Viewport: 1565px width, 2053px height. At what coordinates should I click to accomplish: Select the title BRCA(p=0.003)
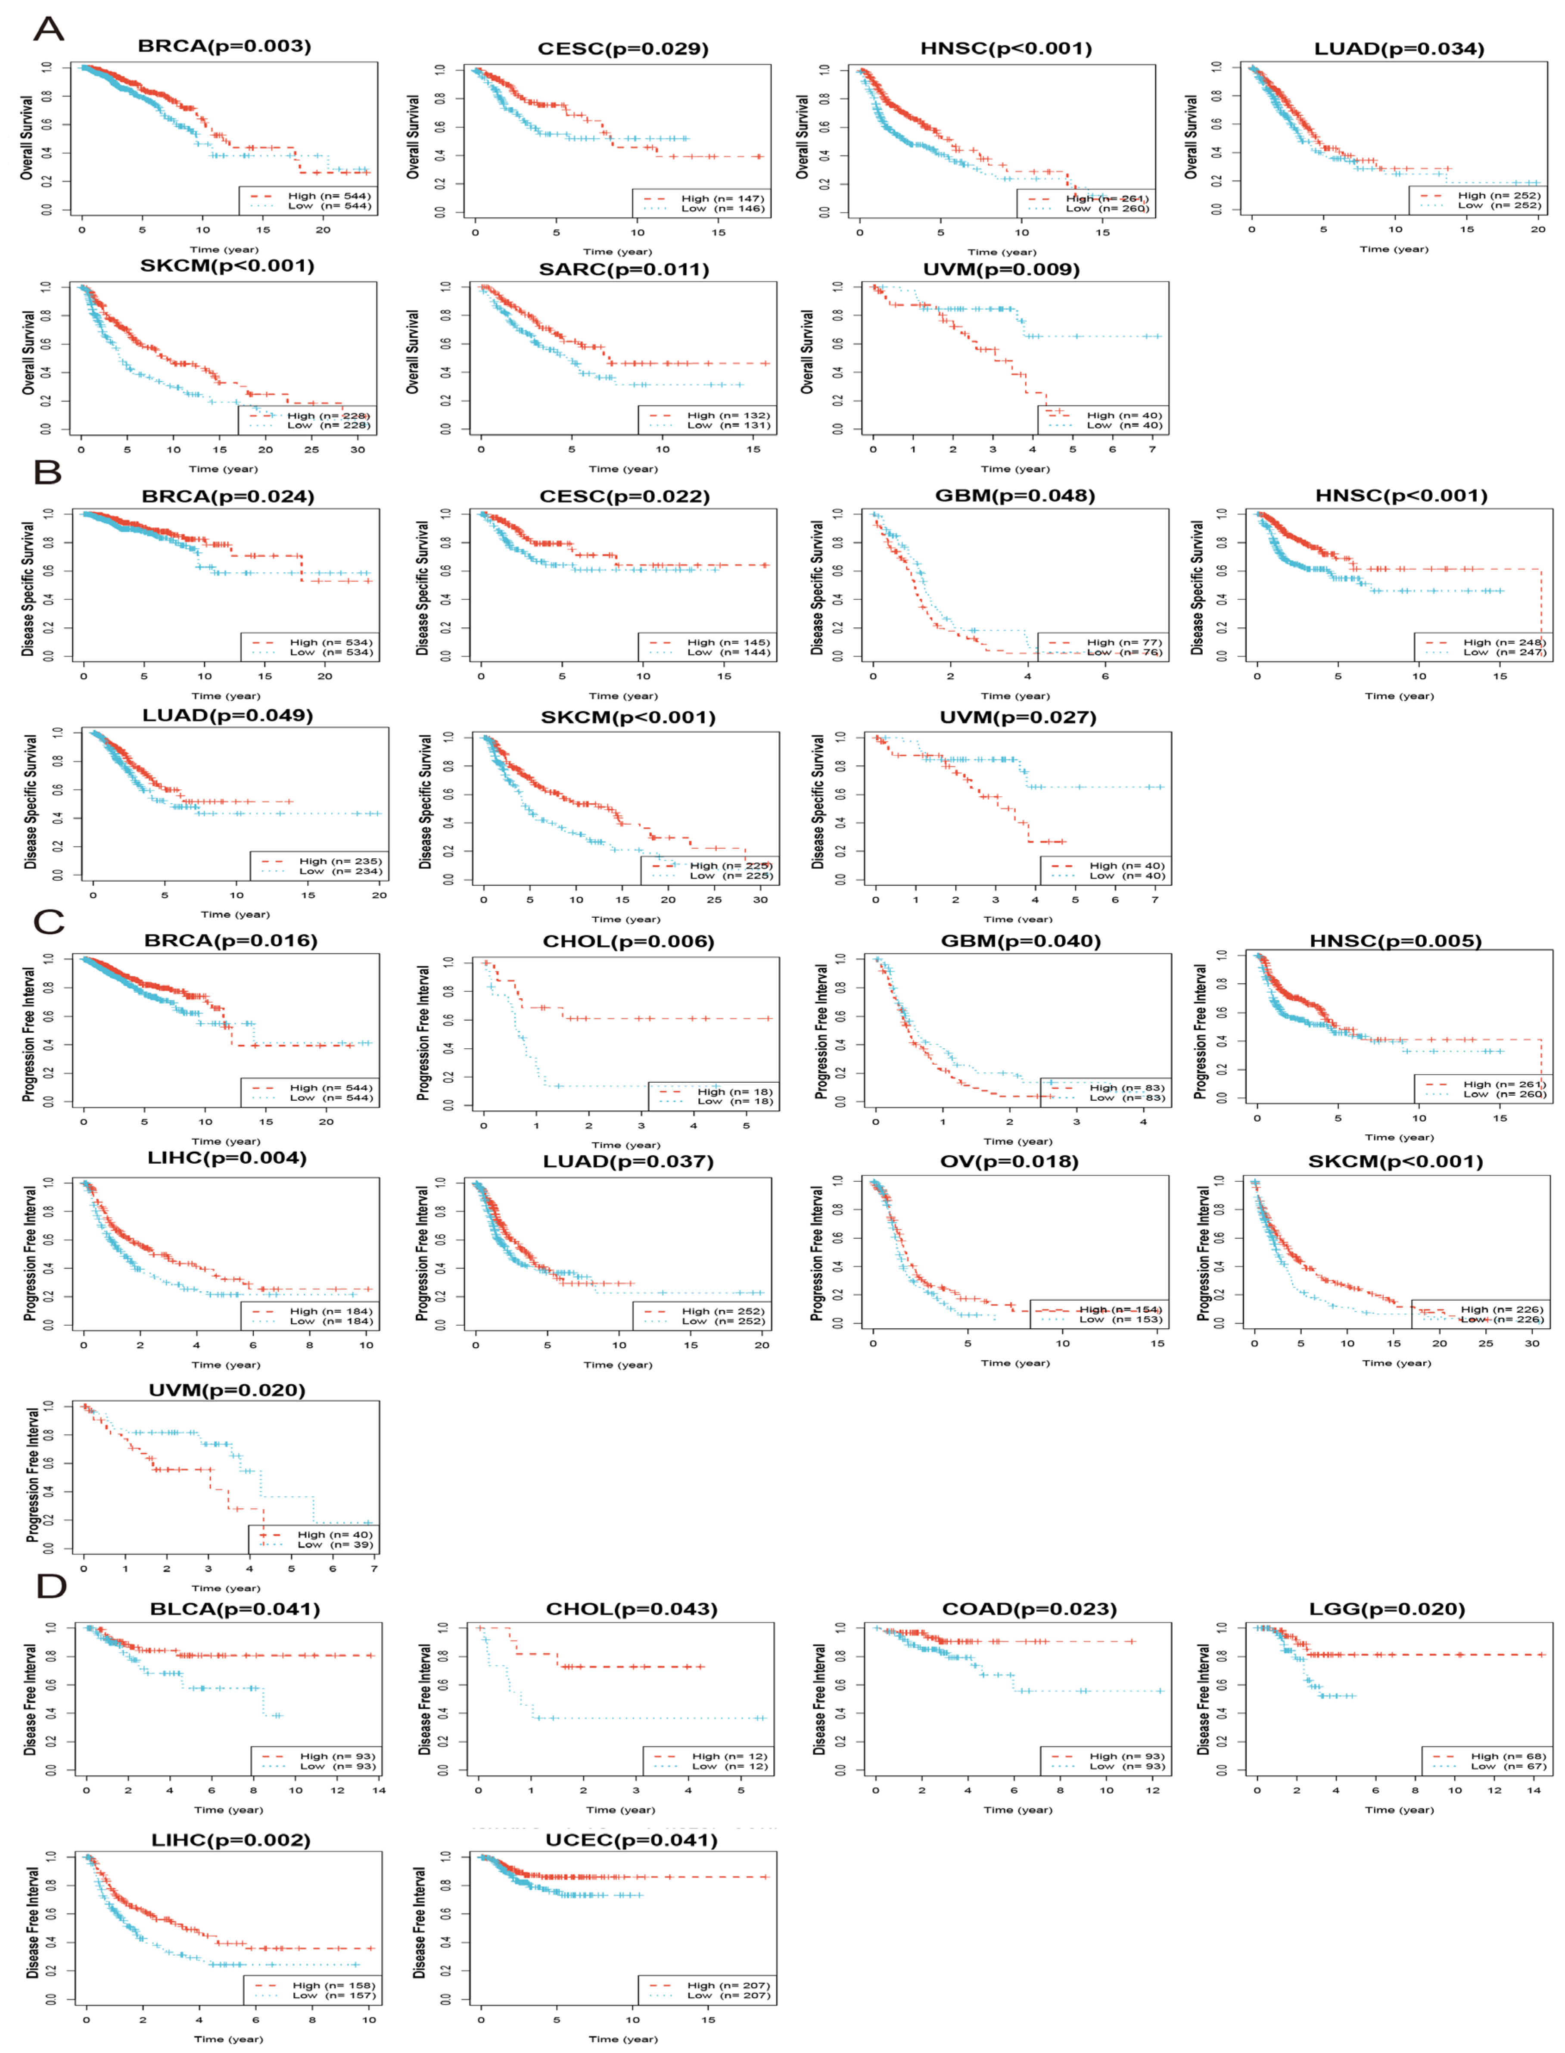pos(224,46)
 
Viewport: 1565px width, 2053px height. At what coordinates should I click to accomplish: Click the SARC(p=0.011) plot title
pos(624,269)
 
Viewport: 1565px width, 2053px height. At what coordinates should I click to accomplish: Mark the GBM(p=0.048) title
pos(1015,495)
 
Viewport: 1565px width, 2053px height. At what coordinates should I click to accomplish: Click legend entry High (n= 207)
pos(728,1985)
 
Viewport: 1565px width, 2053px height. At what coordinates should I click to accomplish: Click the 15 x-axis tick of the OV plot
pos(1157,1343)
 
